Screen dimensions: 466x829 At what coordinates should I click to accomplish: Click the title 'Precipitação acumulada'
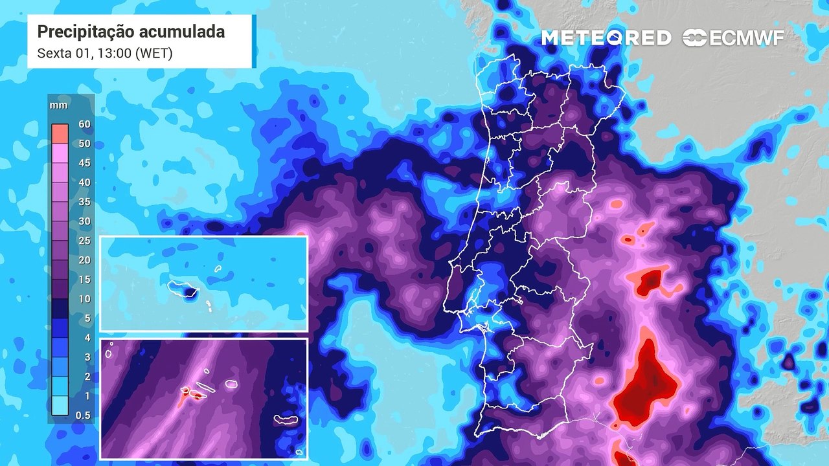(131, 32)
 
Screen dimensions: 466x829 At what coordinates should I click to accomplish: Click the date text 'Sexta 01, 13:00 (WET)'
(105, 53)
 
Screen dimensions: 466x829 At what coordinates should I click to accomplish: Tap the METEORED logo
(606, 38)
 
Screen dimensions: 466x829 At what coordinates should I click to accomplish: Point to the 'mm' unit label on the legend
(58, 105)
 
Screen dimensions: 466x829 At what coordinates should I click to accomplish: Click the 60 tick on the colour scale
(84, 124)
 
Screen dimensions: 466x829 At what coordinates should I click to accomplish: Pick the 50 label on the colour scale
(84, 143)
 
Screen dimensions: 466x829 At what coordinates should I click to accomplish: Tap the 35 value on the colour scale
(84, 202)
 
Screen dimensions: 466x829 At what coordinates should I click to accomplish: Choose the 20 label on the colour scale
(84, 260)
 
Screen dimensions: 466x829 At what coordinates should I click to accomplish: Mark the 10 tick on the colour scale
(84, 299)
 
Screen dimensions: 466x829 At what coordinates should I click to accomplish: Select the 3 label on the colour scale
(86, 357)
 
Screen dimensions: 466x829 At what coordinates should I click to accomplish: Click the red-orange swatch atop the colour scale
(60, 133)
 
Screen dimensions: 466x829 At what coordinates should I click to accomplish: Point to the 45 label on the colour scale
(84, 163)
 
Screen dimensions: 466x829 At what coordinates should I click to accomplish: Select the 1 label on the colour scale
(86, 396)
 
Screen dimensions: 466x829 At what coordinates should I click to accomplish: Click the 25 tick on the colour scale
(84, 241)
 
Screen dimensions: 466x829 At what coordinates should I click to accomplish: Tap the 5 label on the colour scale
(86, 318)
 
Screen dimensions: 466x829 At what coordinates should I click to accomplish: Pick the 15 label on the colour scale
(84, 280)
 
